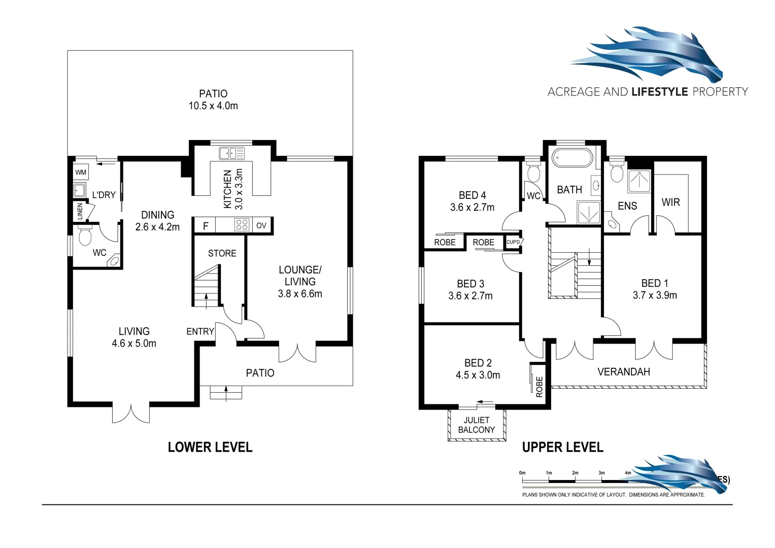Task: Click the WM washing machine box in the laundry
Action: tap(81, 173)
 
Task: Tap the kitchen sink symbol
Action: tap(231, 153)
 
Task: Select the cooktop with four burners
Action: tap(242, 225)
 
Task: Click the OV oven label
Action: tap(261, 225)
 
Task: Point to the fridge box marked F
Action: tap(206, 226)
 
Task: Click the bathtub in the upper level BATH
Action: tap(571, 158)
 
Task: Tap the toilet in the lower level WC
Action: tap(85, 237)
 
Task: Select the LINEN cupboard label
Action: tap(80, 212)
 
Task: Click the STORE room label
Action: tap(222, 253)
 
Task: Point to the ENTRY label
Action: tap(200, 331)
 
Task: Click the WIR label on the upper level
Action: tap(670, 202)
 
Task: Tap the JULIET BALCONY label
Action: tap(476, 425)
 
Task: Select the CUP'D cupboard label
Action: tap(513, 242)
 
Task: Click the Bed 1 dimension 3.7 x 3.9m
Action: tap(655, 295)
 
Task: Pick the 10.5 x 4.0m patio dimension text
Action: tap(213, 106)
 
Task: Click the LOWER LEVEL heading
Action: tap(210, 447)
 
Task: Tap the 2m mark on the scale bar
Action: tap(575, 473)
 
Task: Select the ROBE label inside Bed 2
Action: tap(539, 387)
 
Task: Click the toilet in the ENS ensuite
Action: tap(617, 173)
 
